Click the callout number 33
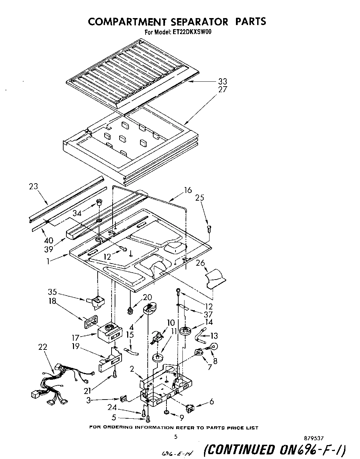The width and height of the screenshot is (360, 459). click(222, 81)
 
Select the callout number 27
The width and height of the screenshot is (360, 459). click(222, 89)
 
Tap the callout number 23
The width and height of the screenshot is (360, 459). click(34, 186)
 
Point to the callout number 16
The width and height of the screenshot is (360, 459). click(188, 190)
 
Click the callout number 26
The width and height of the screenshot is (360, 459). click(200, 263)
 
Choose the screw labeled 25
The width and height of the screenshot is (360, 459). click(209, 229)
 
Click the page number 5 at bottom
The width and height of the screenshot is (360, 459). click(176, 437)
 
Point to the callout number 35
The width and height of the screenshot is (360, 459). click(52, 292)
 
